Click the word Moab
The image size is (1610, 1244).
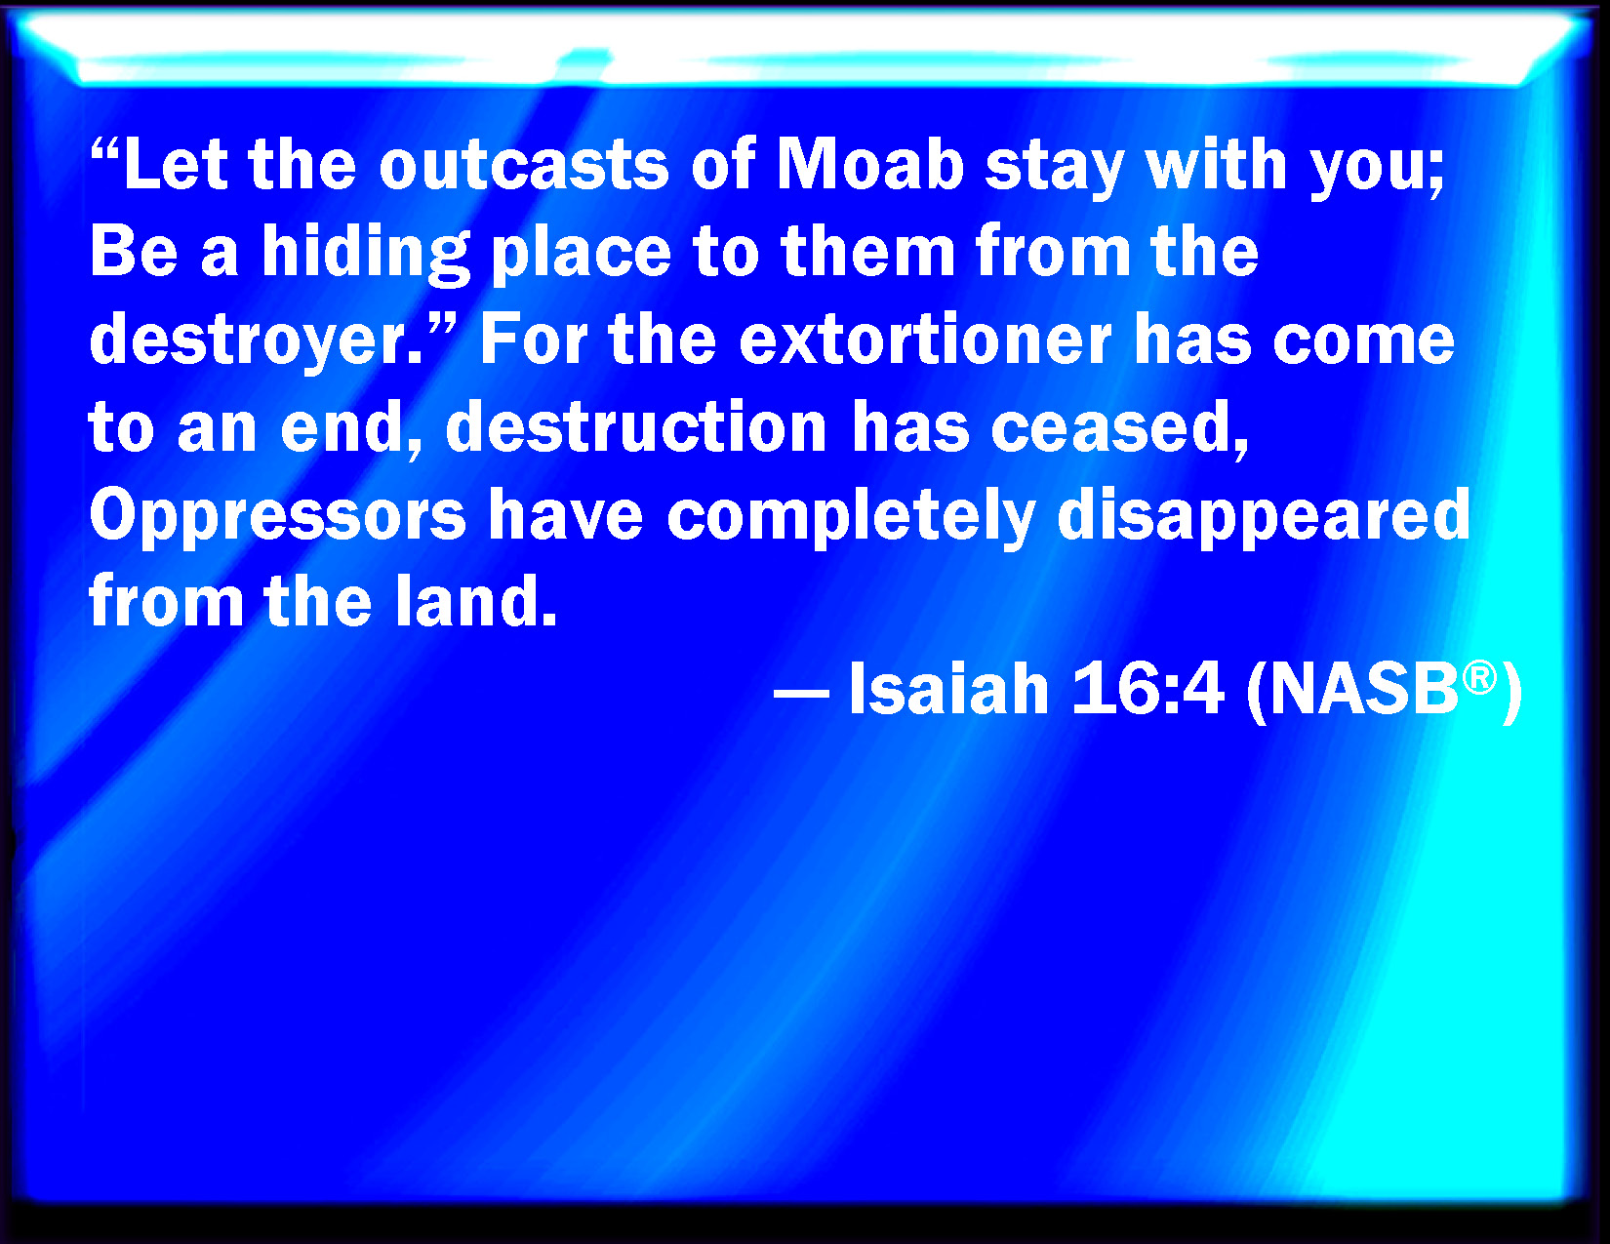tap(869, 165)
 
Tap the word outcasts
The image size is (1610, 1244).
tap(524, 165)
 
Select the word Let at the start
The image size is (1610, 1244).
tap(175, 165)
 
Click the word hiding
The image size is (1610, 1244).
tap(366, 255)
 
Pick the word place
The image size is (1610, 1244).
tap(582, 255)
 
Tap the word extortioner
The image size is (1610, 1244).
tap(925, 341)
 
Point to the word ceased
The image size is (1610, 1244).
tap(1119, 429)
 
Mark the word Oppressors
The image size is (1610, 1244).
tap(277, 516)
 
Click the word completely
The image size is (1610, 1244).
tap(851, 516)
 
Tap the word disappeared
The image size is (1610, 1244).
tap(1264, 516)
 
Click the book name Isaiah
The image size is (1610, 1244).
tap(949, 689)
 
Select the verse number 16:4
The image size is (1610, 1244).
tap(1147, 689)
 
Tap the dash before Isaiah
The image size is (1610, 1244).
tap(801, 696)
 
